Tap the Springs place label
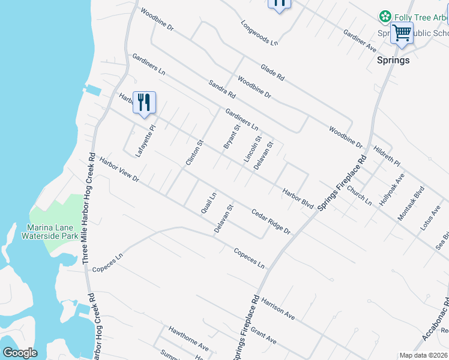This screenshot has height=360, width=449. [x=393, y=60]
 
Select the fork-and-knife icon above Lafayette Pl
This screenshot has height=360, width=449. [x=144, y=102]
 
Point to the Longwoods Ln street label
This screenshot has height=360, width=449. [x=260, y=34]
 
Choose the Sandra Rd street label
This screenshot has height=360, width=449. [x=222, y=89]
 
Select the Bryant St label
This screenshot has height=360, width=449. [x=232, y=137]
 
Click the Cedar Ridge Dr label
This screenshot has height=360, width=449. [x=271, y=221]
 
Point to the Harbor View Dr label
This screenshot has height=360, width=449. [x=119, y=170]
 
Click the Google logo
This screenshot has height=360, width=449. [x=20, y=353]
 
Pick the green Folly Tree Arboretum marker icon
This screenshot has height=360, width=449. [x=385, y=17]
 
